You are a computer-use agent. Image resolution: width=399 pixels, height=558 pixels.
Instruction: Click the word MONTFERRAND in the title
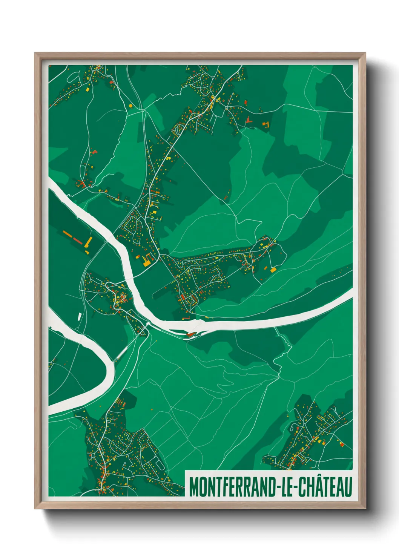pos(232,487)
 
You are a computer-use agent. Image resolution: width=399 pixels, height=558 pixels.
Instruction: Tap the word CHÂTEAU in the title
pos(325,487)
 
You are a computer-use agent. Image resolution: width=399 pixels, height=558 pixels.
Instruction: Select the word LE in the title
pos(288,487)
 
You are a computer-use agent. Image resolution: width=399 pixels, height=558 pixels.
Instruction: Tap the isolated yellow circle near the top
pos(130,106)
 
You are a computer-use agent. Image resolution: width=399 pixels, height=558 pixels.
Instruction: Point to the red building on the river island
pos(190,334)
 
